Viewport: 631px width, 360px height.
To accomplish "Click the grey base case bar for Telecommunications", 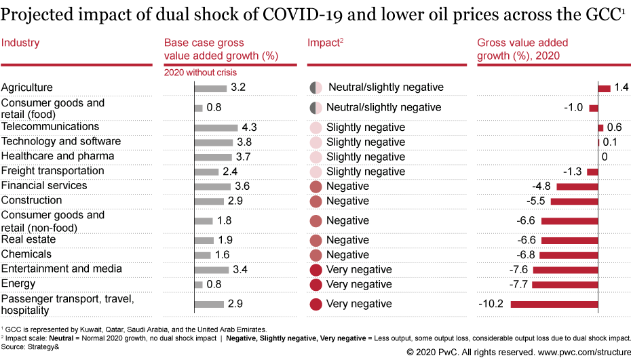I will coord(216,127).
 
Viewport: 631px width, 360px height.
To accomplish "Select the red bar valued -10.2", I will coord(554,304).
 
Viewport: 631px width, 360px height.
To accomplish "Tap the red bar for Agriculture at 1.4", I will coord(604,88).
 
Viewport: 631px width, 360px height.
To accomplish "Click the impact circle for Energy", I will coord(315,284).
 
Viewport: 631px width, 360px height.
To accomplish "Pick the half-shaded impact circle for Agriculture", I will coord(315,87).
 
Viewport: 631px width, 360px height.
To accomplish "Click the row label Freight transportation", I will coord(52,171).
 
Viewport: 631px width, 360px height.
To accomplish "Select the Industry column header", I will coord(20,43).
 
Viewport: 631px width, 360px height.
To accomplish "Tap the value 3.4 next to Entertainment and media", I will coord(239,270).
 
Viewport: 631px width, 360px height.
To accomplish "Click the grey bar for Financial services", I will coord(212,186).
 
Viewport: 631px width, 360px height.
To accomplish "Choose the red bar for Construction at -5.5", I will coord(574,201).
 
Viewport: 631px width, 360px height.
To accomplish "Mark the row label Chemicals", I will coord(26,254).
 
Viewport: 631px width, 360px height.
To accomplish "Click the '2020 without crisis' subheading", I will coord(201,73).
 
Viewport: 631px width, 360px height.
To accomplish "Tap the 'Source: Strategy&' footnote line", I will coord(30,345).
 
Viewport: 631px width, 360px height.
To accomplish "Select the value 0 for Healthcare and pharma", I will coord(604,157).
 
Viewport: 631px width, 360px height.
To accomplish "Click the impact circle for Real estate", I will coord(315,240).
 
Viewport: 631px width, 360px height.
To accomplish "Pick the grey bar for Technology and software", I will coord(214,142).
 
